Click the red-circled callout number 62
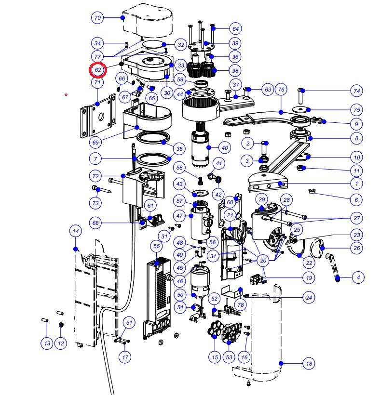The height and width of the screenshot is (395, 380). point(98,69)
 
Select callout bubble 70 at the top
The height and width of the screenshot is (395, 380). point(98,18)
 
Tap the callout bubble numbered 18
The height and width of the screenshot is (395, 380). point(309,364)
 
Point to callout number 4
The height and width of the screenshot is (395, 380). point(357,277)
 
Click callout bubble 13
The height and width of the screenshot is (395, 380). point(46,343)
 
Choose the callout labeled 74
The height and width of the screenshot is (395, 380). point(357,91)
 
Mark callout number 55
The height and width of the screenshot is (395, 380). point(156,246)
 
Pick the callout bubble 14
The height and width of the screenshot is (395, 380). point(75,232)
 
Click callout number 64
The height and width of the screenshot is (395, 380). point(235,28)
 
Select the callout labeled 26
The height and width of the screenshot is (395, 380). point(357,249)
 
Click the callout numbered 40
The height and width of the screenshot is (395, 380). point(225,148)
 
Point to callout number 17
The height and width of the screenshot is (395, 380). point(125,357)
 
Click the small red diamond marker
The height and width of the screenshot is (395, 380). point(66,95)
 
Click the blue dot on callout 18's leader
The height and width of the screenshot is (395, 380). point(282,363)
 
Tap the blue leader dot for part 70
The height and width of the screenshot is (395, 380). point(123,18)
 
